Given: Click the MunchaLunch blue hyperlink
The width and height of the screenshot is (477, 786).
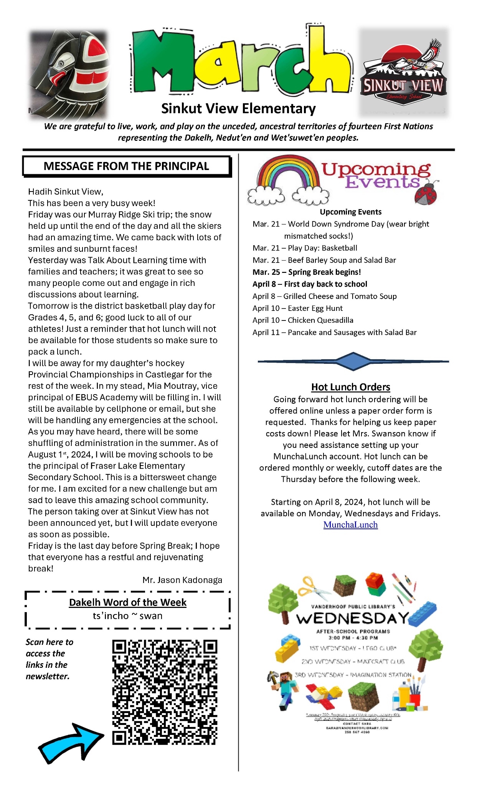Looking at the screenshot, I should (350, 525).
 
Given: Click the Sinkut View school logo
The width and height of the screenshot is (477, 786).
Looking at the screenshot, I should (403, 73).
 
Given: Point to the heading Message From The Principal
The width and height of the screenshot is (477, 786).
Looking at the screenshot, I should (126, 166).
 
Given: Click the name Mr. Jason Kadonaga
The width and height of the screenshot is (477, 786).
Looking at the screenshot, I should (182, 580).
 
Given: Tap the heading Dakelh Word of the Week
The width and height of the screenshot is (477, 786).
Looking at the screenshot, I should (127, 602).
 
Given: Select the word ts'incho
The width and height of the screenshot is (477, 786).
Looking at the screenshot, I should (111, 616).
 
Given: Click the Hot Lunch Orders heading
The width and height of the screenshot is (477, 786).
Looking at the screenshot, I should (350, 387).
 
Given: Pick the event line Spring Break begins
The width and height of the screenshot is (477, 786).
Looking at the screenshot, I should (307, 272).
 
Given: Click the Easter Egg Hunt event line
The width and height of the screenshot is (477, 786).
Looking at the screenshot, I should (297, 308).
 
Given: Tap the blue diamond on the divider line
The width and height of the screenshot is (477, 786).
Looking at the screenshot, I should (353, 361).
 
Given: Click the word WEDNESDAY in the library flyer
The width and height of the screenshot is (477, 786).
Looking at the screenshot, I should (352, 618).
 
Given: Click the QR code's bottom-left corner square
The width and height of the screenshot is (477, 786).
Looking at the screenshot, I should (119, 737).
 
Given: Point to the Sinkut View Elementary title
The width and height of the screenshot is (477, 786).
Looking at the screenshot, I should (238, 109).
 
